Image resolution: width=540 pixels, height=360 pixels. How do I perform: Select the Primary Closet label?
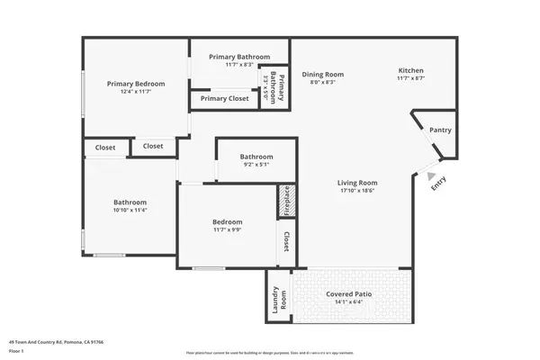click(x=225, y=98)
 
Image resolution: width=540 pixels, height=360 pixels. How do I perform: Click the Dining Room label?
click(x=322, y=75)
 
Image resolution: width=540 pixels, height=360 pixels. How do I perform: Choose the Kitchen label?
click(x=411, y=71)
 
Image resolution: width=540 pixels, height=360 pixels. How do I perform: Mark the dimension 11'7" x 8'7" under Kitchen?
click(x=411, y=79)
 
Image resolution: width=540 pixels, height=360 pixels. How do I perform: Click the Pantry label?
click(x=440, y=130)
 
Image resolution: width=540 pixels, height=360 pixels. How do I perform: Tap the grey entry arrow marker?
click(x=431, y=175)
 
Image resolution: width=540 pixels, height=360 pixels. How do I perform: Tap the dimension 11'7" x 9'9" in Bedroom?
click(x=227, y=230)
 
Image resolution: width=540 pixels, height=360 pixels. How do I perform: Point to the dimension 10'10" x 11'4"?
click(x=130, y=211)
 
